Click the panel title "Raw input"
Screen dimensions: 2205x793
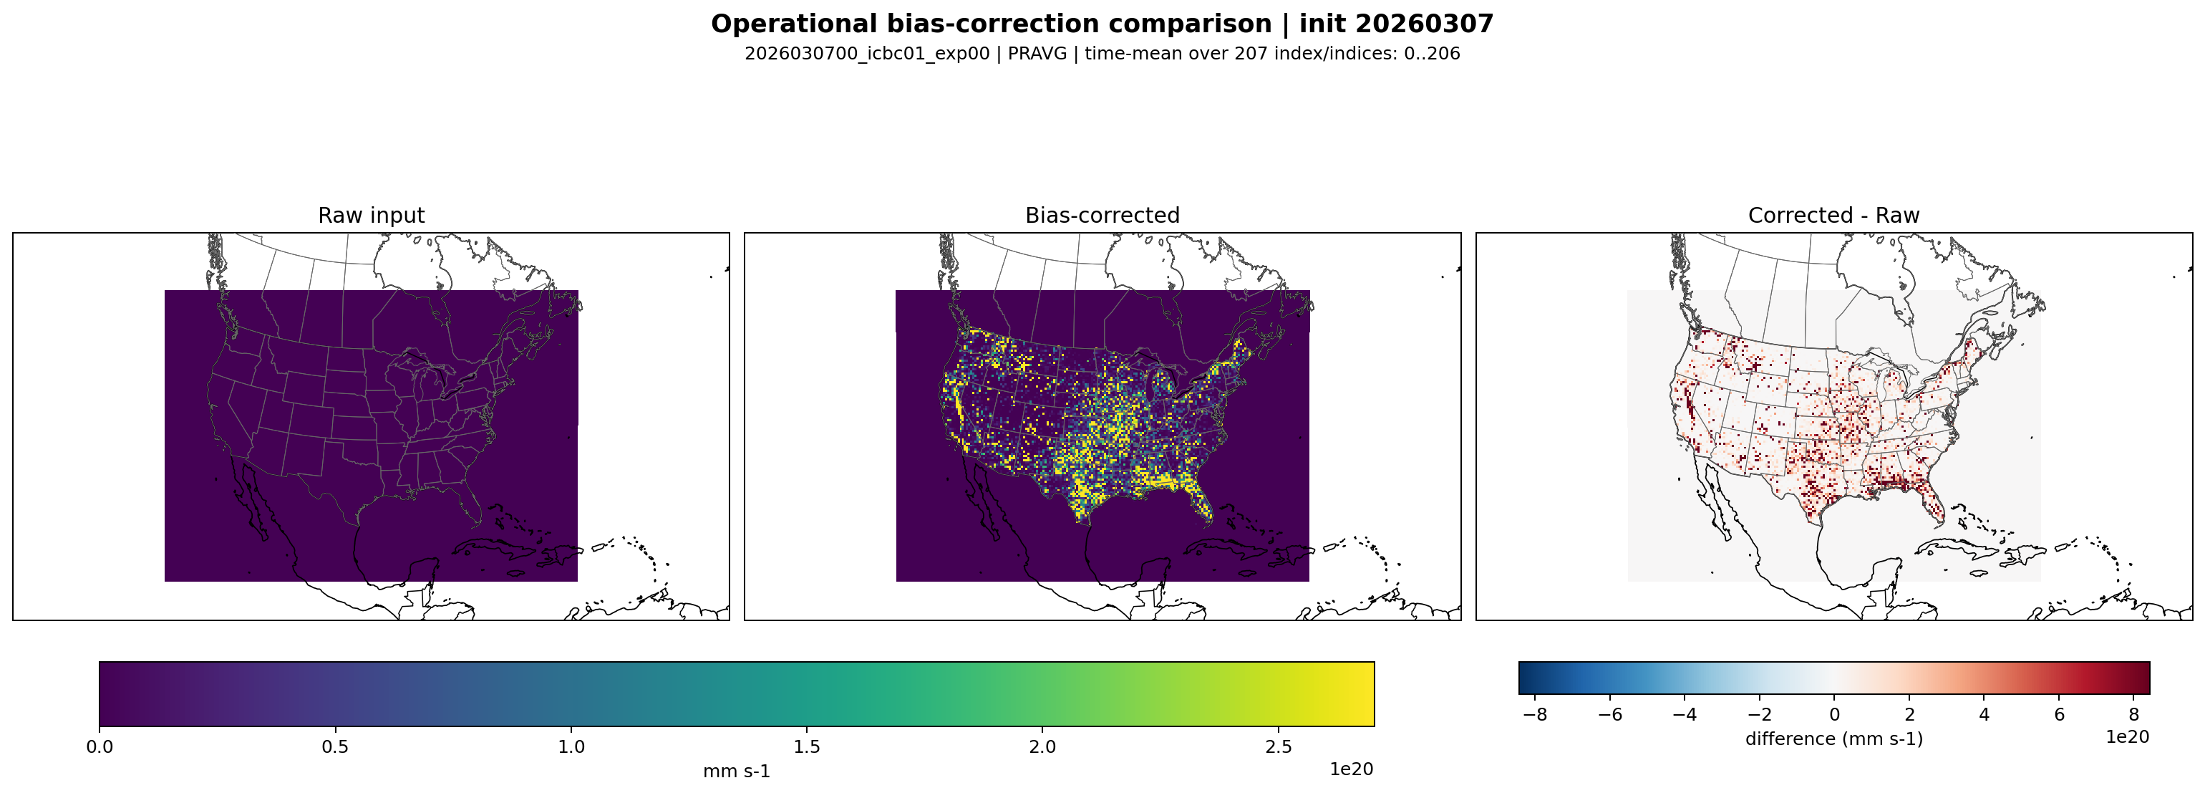[x=371, y=215]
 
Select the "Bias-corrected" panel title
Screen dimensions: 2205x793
[x=1102, y=215]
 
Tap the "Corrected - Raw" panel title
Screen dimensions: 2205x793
[x=1833, y=215]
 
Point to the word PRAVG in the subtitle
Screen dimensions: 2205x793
[x=1037, y=53]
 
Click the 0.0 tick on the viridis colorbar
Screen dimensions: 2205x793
[x=100, y=746]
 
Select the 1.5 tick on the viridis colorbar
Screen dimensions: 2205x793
[x=806, y=746]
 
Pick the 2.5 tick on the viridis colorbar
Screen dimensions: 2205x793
[x=1278, y=746]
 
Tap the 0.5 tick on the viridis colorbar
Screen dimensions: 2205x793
[x=335, y=746]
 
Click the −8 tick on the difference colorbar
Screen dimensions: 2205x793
[x=1536, y=714]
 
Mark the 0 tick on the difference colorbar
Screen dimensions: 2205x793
[x=1834, y=714]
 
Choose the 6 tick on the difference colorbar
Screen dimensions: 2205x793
[x=2059, y=714]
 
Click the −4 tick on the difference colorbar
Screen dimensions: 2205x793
[x=1685, y=714]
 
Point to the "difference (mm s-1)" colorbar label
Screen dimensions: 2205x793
[x=1833, y=738]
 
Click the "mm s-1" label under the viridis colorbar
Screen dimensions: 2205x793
[x=736, y=771]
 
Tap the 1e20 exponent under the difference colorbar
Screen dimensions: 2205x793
[x=2127, y=736]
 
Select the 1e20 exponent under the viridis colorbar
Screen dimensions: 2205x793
[x=1351, y=769]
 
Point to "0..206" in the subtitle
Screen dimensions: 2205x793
[x=1431, y=53]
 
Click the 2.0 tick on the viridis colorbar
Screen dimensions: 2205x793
[x=1042, y=746]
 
